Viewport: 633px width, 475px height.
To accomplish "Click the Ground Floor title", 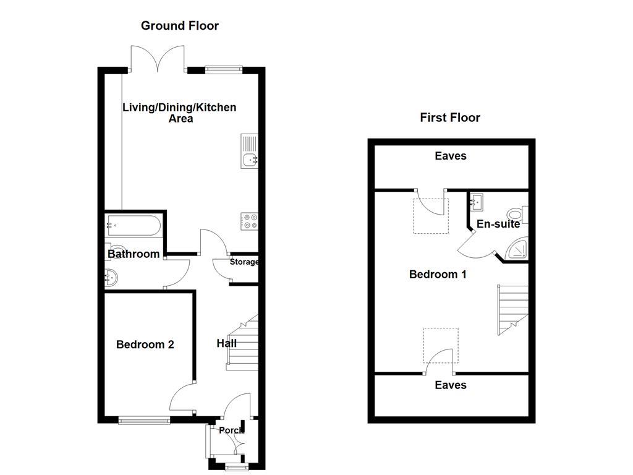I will tap(179, 25).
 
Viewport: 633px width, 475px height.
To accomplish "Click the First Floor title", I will tap(449, 118).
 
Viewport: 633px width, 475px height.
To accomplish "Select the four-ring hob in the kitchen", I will tap(249, 221).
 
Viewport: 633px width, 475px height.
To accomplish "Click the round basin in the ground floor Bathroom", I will tap(112, 278).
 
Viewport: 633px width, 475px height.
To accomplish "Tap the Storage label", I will tap(244, 262).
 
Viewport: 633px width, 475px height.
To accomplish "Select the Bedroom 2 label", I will tap(145, 344).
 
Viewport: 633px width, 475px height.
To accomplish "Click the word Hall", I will tap(226, 343).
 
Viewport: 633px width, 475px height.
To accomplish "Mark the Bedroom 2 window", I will tap(144, 421).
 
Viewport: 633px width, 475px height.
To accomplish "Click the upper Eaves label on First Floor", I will tap(450, 156).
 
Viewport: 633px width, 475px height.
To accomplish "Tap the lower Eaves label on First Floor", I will tap(450, 385).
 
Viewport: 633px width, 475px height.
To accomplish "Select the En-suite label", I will tap(498, 224).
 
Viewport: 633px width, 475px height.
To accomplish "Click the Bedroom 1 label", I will tap(438, 274).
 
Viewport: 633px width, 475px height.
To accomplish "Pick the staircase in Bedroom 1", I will tap(511, 309).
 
